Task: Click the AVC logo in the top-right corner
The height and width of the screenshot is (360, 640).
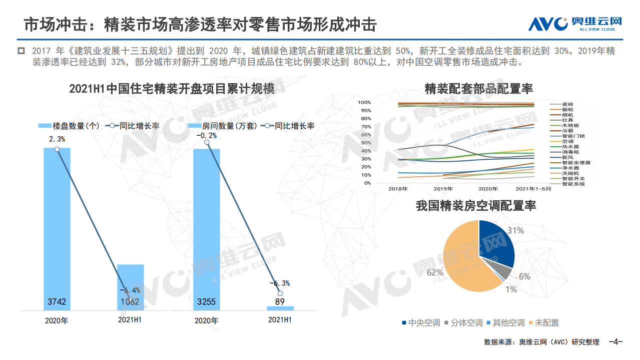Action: (575, 24)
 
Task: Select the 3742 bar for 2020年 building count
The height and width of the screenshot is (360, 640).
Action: (57, 225)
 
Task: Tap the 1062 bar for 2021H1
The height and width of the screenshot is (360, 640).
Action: (130, 285)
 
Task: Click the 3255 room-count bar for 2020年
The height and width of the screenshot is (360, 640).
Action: (207, 225)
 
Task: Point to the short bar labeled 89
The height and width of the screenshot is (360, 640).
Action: (280, 308)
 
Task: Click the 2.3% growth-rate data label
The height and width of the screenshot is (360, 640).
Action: (57, 138)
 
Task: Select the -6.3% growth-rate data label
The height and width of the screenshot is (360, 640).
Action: (280, 283)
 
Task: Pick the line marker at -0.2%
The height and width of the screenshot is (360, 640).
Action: (207, 143)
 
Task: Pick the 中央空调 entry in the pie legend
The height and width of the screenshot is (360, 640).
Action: (420, 323)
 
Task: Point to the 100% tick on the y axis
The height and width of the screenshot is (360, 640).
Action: (364, 102)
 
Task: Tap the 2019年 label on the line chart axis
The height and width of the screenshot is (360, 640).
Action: (443, 189)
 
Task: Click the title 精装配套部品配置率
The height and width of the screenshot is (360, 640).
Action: (479, 89)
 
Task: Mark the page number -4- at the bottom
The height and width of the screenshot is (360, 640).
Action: (615, 342)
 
